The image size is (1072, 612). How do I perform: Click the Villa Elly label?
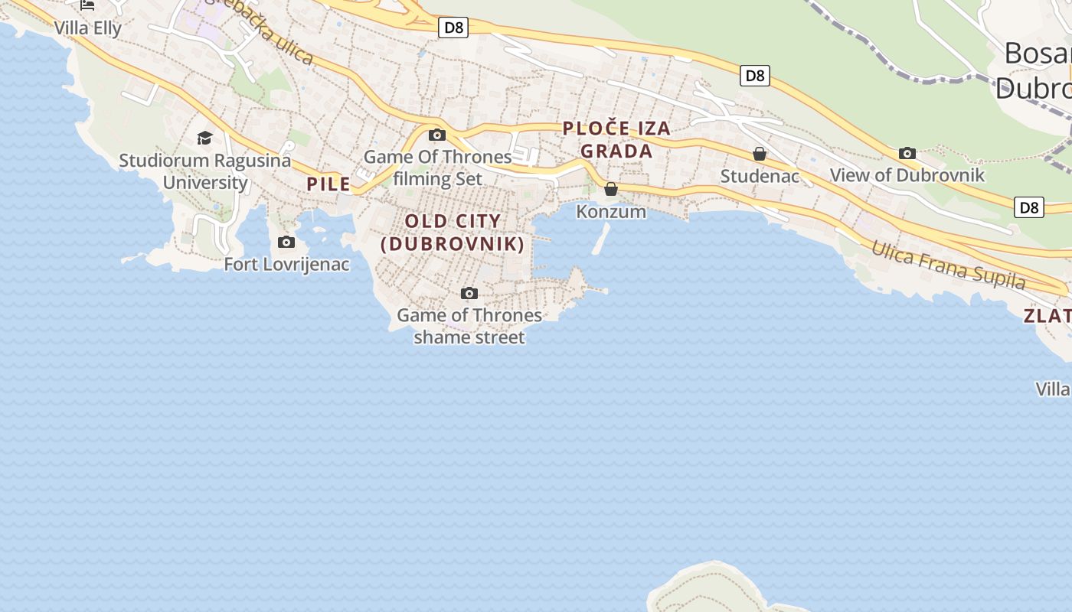pyautogui.click(x=87, y=28)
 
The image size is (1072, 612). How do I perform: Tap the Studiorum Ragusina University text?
pyautogui.click(x=204, y=171)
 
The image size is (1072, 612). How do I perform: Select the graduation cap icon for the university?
pyautogui.click(x=204, y=138)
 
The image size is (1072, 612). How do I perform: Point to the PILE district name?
pyautogui.click(x=328, y=184)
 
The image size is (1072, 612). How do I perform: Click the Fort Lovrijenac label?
pyautogui.click(x=286, y=265)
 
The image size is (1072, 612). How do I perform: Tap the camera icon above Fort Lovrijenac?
pyautogui.click(x=286, y=243)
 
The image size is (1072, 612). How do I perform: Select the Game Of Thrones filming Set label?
pyautogui.click(x=437, y=168)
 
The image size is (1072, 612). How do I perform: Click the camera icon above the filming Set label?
pyautogui.click(x=437, y=135)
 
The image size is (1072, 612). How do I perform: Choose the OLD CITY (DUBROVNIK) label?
pyautogui.click(x=453, y=233)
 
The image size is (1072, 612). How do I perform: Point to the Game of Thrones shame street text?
pyautogui.click(x=469, y=326)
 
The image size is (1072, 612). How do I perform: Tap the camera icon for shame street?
pyautogui.click(x=469, y=294)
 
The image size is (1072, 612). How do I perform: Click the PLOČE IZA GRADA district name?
pyautogui.click(x=616, y=140)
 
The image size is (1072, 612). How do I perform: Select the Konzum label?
pyautogui.click(x=611, y=211)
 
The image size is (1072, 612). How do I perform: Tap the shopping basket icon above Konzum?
pyautogui.click(x=611, y=189)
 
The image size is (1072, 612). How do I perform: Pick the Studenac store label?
pyautogui.click(x=760, y=177)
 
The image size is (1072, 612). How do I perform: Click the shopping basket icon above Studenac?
pyautogui.click(x=760, y=155)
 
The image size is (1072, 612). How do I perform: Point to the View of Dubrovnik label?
pyautogui.click(x=907, y=175)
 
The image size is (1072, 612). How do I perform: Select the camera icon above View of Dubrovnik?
pyautogui.click(x=907, y=154)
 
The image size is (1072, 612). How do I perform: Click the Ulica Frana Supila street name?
pyautogui.click(x=948, y=265)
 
